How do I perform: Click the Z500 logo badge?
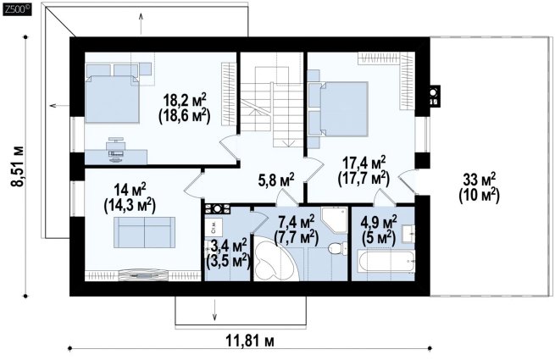pyautogui.click(x=17, y=9)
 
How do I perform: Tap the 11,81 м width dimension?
pyautogui.click(x=250, y=341)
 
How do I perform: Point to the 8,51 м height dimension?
pyautogui.click(x=17, y=166)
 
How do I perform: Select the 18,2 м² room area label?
pyautogui.click(x=185, y=100)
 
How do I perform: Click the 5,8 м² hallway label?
pyautogui.click(x=276, y=180)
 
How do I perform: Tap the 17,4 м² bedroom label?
pyautogui.click(x=364, y=163)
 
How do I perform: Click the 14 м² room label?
pyautogui.click(x=130, y=190)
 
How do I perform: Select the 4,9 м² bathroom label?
pyautogui.click(x=378, y=222)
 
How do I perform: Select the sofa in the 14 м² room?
pyautogui.click(x=144, y=232)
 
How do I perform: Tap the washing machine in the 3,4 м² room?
pyautogui.click(x=214, y=227)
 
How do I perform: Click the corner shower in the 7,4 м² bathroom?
pyautogui.click(x=335, y=220)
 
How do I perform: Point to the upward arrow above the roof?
pyautogui.click(x=142, y=24)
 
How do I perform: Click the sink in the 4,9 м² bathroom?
pyautogui.click(x=408, y=233)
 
